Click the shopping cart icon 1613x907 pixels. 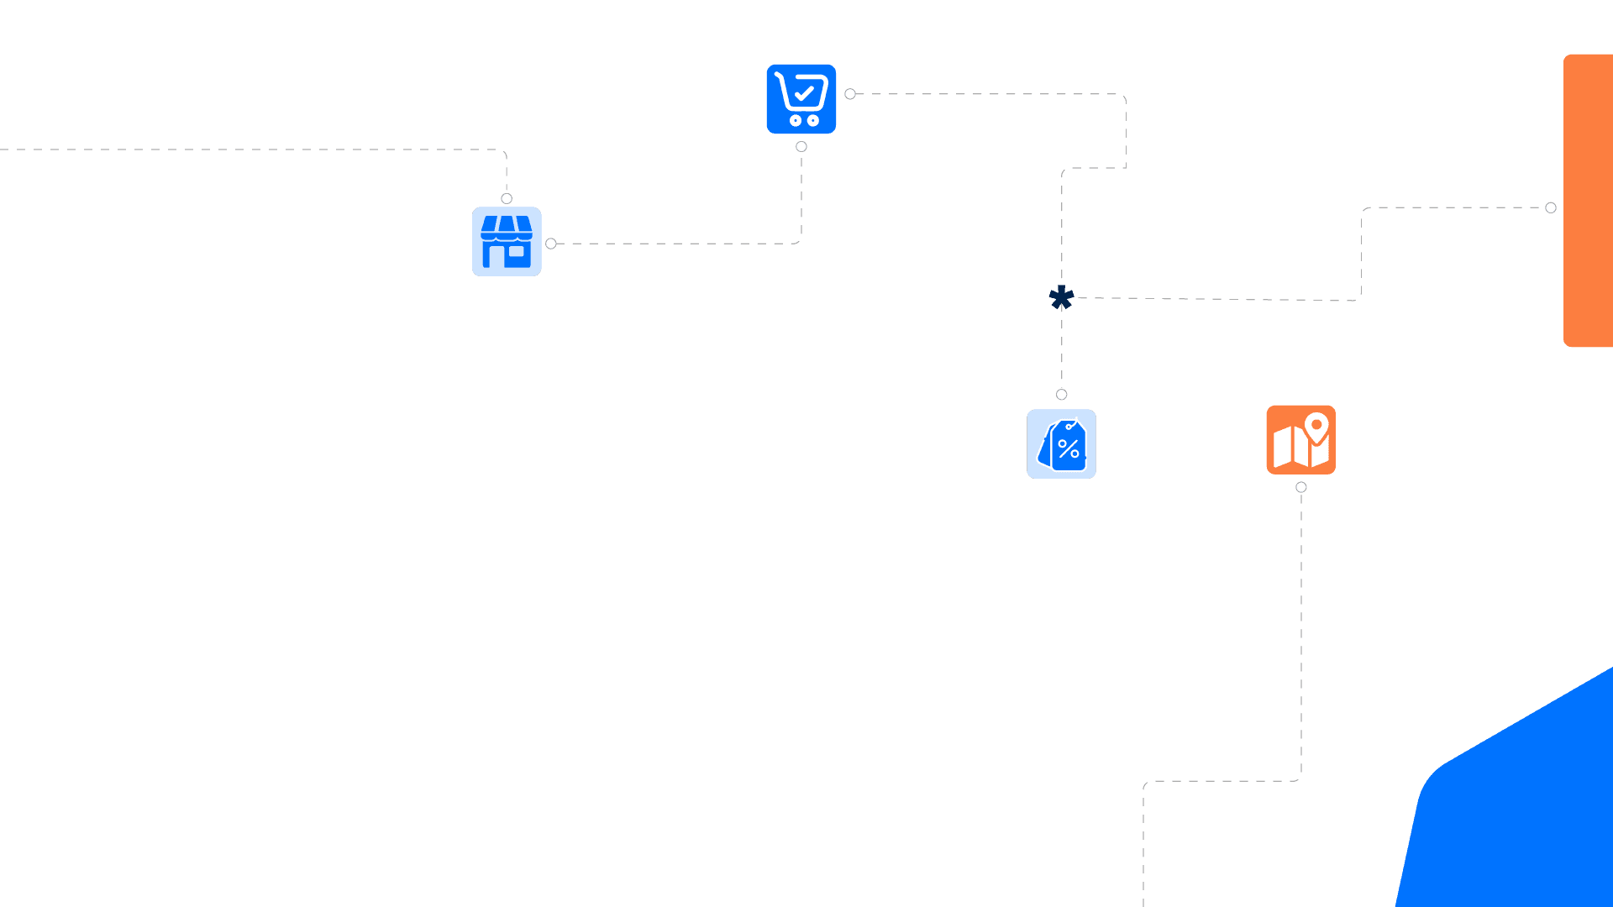[801, 99]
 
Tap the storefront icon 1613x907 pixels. [507, 242]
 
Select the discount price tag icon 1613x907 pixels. [1061, 444]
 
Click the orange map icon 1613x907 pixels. [1300, 440]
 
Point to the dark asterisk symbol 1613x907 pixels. [1062, 297]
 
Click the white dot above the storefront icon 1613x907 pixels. [507, 199]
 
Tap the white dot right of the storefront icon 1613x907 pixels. [551, 244]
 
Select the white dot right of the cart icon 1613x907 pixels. [850, 94]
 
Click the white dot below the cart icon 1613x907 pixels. [801, 147]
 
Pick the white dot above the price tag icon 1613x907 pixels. [1062, 395]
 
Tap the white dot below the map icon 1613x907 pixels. [1301, 487]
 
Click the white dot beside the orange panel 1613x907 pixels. [1551, 208]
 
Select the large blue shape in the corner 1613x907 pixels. [1521, 806]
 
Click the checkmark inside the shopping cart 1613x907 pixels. [805, 92]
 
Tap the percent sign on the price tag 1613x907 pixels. [1069, 449]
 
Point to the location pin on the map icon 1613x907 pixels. [1316, 427]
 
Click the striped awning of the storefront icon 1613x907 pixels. [507, 227]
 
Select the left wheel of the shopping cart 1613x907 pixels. [795, 121]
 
